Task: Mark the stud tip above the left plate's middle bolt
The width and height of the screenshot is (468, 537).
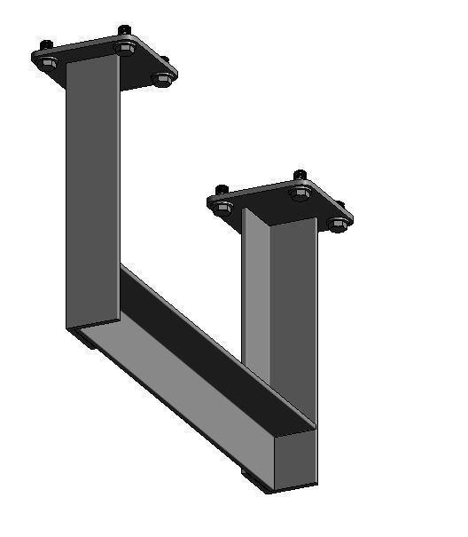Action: coord(124,30)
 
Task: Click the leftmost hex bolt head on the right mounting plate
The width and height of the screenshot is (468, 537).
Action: coord(225,208)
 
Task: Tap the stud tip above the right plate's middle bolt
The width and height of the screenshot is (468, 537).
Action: coord(300,174)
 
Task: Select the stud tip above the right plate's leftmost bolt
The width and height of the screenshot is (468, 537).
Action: coord(222,188)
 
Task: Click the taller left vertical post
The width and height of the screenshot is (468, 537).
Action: coord(92,195)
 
